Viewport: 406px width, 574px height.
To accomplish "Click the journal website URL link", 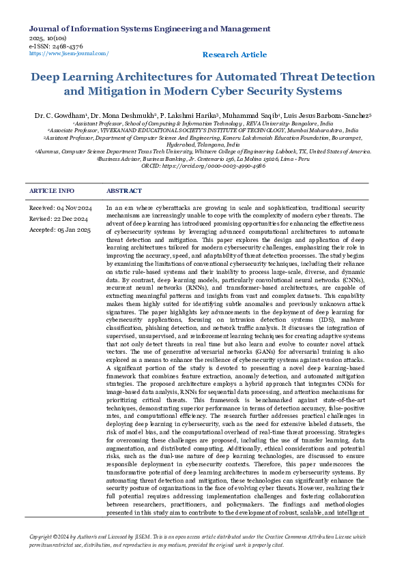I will (69, 53).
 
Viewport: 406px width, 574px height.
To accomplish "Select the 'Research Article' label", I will (235, 55).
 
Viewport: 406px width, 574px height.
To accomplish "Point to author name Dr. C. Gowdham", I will (61, 117).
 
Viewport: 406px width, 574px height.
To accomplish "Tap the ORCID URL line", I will (203, 165).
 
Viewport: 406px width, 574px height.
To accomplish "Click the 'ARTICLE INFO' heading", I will (52, 191).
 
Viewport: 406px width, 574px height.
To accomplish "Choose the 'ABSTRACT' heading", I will (125, 191).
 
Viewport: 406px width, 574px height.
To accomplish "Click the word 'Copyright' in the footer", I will (42, 537).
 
